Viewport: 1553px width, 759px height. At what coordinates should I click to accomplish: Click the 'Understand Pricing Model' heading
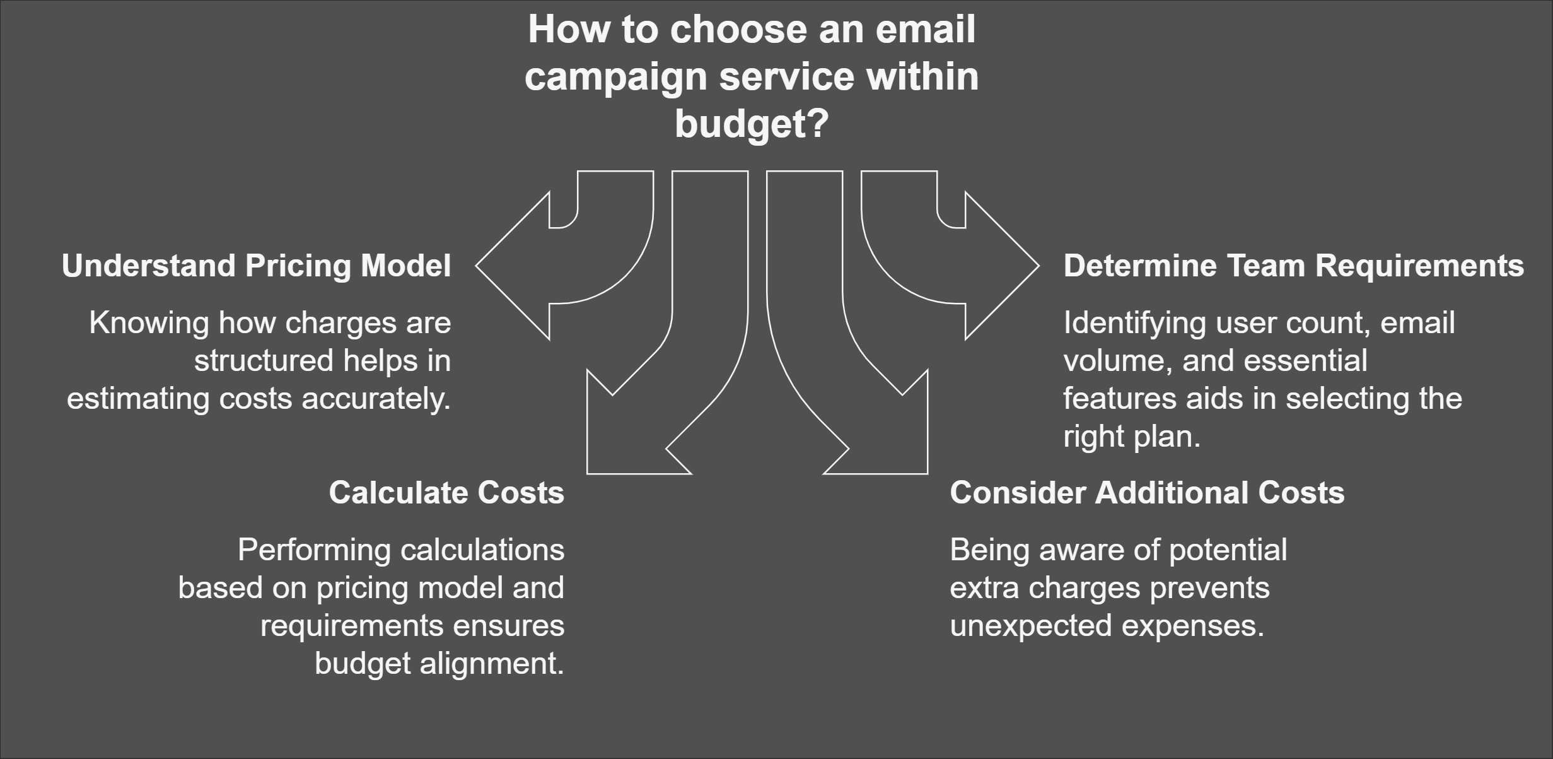click(256, 266)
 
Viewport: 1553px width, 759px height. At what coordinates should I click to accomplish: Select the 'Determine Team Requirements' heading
click(1294, 266)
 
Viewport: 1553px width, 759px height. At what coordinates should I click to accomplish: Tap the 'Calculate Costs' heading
click(446, 493)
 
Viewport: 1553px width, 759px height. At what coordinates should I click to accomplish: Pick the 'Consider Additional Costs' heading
click(1147, 493)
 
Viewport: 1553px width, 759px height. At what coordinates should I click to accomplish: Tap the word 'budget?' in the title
click(752, 124)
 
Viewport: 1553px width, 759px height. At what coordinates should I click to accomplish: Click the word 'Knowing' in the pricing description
click(149, 324)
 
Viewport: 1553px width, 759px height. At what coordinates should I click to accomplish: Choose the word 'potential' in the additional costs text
click(1228, 551)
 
